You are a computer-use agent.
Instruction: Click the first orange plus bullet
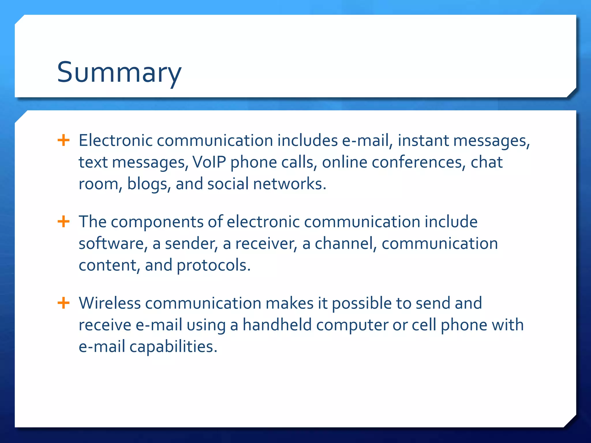pyautogui.click(x=63, y=140)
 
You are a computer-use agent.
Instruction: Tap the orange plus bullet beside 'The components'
pyautogui.click(x=63, y=222)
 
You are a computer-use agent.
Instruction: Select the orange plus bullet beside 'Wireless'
pyautogui.click(x=63, y=303)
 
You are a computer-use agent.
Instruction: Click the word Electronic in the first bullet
pyautogui.click(x=115, y=140)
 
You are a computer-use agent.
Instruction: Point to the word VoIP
pyautogui.click(x=209, y=162)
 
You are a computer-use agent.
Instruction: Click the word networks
pyautogui.click(x=289, y=184)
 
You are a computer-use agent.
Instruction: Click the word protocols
pyautogui.click(x=213, y=265)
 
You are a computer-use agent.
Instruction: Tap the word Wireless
pyautogui.click(x=110, y=303)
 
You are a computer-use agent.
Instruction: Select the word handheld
pyautogui.click(x=277, y=325)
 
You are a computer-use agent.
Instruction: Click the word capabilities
pyautogui.click(x=173, y=346)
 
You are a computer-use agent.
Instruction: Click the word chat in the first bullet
pyautogui.click(x=487, y=162)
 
